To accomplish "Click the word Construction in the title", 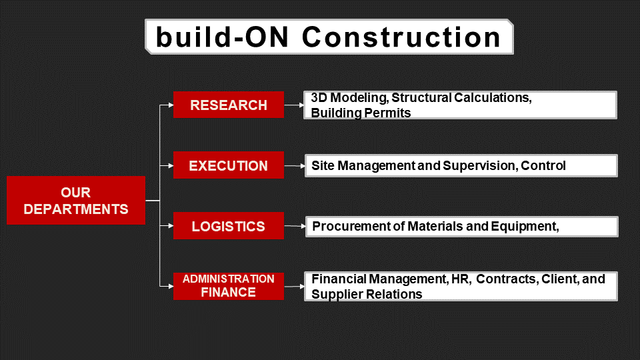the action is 401,37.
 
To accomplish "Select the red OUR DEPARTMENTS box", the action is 76,201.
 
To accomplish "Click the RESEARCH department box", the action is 229,105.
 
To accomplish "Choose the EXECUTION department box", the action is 229,165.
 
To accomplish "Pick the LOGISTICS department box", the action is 229,226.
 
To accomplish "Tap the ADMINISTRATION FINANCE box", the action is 229,286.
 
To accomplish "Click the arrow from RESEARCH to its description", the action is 294,105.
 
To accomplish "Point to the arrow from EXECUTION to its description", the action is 295,166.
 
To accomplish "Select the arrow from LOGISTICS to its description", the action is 295,226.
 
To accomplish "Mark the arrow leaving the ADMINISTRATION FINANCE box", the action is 294,287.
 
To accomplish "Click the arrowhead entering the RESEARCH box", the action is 171,105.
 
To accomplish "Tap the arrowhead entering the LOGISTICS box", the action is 171,226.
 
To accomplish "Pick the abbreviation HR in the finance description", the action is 461,279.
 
